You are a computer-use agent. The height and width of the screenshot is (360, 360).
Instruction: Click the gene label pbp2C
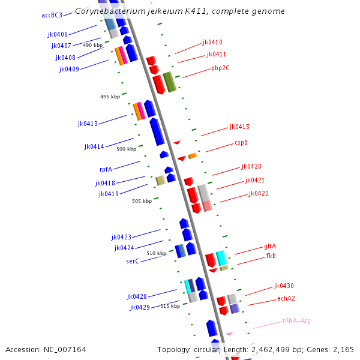[220, 68]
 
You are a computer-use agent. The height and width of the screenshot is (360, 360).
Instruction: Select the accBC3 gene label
[52, 15]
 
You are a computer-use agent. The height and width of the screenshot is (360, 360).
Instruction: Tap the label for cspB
[241, 143]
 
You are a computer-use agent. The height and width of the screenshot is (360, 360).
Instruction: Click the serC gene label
[133, 261]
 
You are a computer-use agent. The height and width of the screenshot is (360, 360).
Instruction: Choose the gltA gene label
[270, 247]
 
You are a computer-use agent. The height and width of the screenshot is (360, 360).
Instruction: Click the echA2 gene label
[286, 298]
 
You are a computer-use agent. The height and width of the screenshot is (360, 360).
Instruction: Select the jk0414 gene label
[94, 146]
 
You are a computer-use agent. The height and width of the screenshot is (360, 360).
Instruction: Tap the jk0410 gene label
[212, 42]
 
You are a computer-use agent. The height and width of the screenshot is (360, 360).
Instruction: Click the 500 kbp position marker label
[127, 149]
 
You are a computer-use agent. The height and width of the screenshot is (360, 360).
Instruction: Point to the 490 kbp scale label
[93, 46]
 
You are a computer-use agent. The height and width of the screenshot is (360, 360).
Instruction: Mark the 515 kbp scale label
[170, 306]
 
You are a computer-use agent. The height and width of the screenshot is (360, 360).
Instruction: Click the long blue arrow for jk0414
[157, 131]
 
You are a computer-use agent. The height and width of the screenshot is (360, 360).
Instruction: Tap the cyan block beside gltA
[221, 258]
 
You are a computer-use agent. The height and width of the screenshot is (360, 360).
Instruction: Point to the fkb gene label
[271, 256]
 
